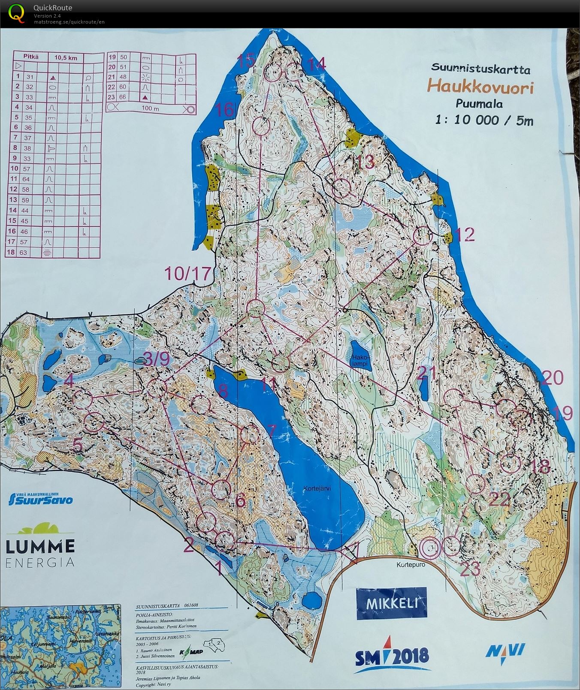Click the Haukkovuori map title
coord(480,87)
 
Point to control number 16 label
coord(225,110)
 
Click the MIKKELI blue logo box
coord(391,603)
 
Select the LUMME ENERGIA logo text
coord(40,553)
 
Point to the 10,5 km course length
coord(66,57)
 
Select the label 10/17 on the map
coord(188,273)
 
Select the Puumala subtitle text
coord(479,104)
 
